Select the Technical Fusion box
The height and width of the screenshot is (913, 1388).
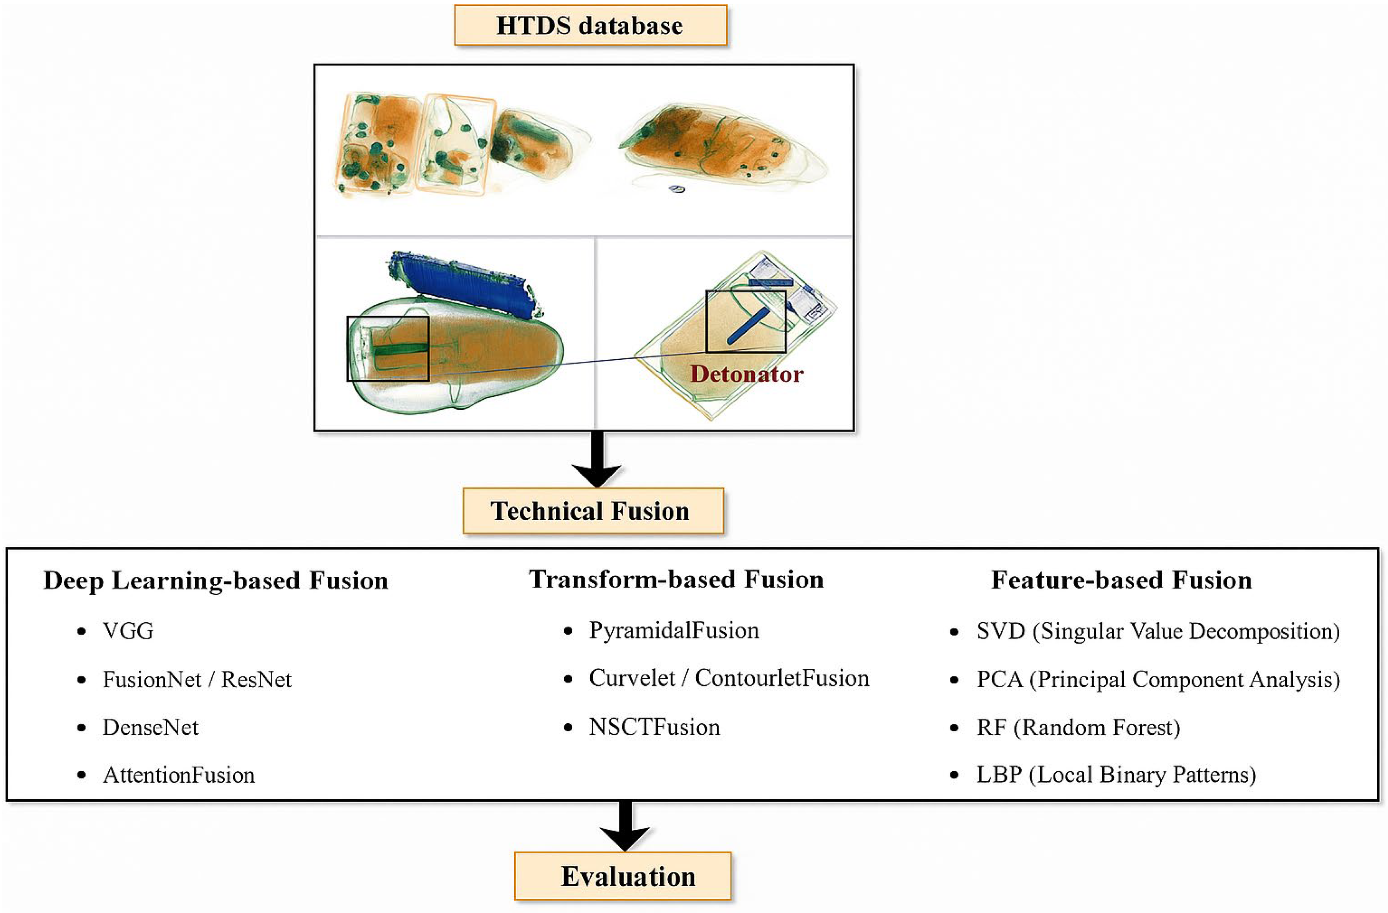593,511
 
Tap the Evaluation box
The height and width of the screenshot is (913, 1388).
622,876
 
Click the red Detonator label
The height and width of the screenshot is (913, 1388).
746,374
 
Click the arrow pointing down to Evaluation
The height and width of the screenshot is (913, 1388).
625,825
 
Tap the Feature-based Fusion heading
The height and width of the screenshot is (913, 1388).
1121,580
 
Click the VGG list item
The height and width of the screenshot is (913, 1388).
128,631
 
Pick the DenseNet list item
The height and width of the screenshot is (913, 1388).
150,727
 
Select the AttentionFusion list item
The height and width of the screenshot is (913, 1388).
178,775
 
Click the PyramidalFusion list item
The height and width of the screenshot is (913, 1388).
673,630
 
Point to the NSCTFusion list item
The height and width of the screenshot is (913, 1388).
654,727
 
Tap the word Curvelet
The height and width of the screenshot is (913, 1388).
632,678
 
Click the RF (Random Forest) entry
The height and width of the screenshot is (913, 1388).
1078,727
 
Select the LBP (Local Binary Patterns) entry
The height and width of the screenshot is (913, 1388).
1116,775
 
